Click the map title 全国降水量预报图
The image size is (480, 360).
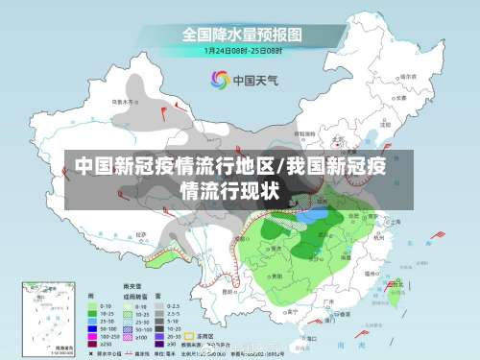(x=242, y=35)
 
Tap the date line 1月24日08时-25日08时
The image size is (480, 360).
(x=242, y=50)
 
